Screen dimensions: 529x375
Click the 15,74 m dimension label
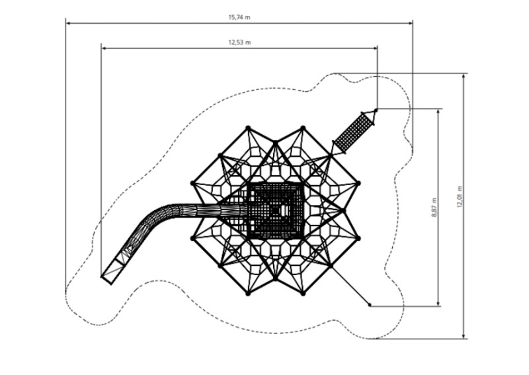pos(239,18)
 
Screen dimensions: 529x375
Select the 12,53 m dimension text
pos(239,42)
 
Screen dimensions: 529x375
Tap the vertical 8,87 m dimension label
pos(434,208)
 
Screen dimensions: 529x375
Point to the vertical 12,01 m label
pos(460,196)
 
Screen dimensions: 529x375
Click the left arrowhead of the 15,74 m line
pos(68,23)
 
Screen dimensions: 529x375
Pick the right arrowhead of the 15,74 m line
pos(410,23)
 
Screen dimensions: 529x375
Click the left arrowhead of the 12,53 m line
pos(104,48)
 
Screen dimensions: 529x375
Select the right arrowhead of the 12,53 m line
pos(375,48)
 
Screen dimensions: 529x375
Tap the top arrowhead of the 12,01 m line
pos(464,76)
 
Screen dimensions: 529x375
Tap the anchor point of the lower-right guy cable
pos(370,305)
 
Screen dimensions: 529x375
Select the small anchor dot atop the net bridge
pos(376,110)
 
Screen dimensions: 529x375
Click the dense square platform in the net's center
pos(275,210)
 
